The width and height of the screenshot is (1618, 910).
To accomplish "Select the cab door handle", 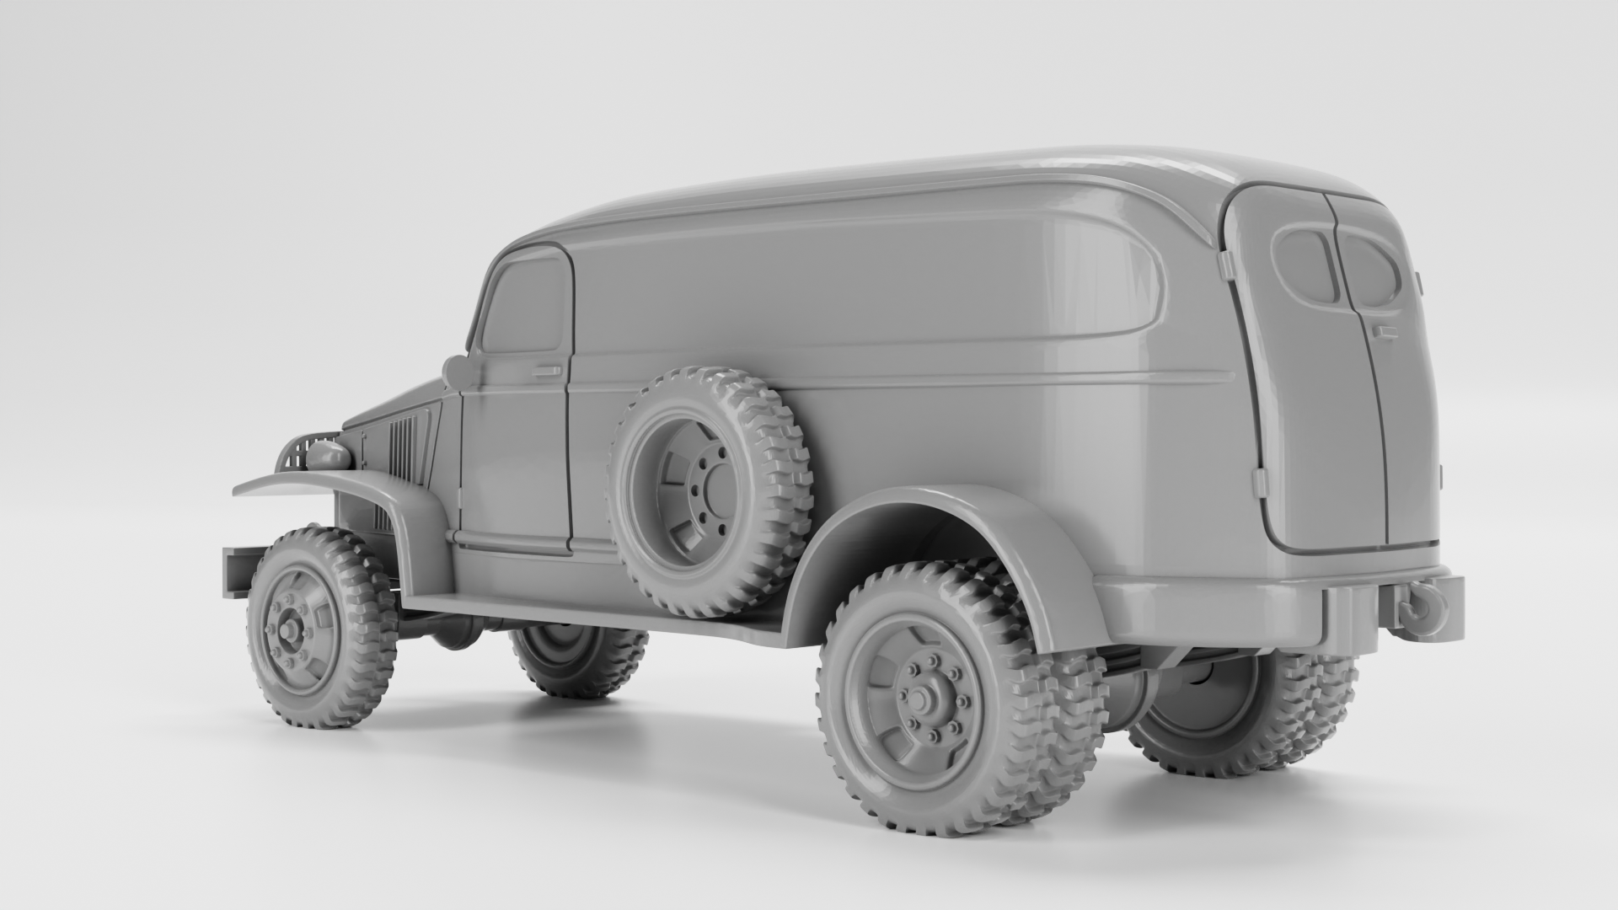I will (x=546, y=371).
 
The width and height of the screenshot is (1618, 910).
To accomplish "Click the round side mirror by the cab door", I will (x=458, y=371).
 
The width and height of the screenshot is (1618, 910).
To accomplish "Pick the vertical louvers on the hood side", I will (x=403, y=447).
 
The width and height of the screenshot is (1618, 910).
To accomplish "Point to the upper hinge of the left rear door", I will (x=1227, y=268).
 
